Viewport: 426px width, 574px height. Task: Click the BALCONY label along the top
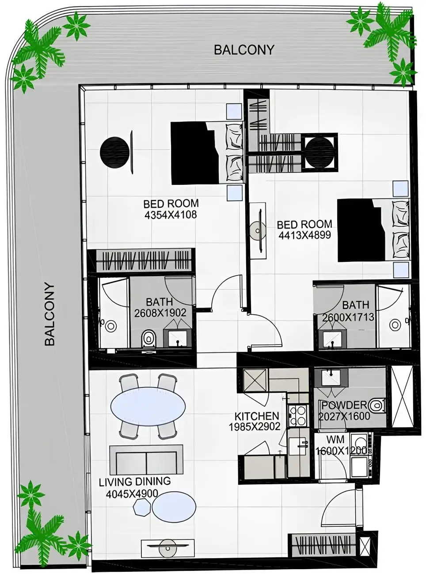[244, 50]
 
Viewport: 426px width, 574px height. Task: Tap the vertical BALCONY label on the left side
[49, 314]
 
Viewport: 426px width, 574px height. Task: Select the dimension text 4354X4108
[171, 215]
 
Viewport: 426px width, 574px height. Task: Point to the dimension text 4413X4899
[304, 235]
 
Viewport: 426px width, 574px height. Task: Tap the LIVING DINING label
[134, 482]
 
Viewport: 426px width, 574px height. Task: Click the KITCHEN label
[256, 416]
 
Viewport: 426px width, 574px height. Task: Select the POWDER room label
[344, 405]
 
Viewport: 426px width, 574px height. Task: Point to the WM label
[335, 440]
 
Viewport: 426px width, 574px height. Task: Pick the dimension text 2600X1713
[348, 317]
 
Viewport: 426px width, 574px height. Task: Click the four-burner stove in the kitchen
[297, 415]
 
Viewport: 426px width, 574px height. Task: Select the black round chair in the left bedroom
[114, 153]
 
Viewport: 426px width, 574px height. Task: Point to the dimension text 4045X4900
[132, 493]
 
